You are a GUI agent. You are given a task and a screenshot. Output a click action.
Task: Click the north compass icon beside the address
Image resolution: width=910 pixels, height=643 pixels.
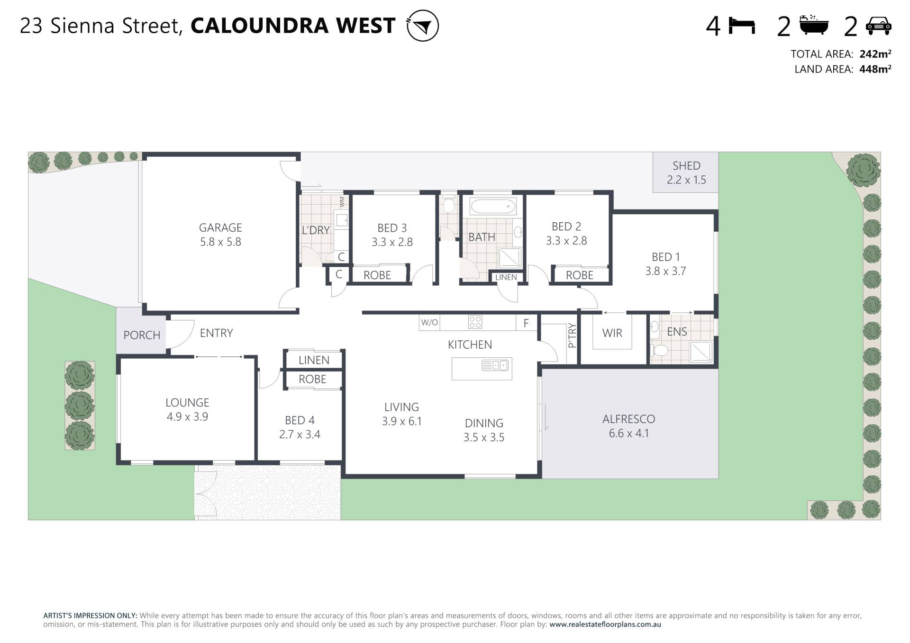point(422,26)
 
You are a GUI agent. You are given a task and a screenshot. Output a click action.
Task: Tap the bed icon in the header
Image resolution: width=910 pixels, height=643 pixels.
point(742,26)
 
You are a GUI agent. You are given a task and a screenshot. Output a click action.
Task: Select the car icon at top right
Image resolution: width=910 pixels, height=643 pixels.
point(878,26)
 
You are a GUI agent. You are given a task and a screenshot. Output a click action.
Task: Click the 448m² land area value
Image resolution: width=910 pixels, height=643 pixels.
point(875,69)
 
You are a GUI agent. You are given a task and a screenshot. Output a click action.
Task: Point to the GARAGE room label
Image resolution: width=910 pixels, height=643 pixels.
point(220,227)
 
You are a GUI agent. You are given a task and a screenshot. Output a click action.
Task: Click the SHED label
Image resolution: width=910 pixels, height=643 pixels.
point(686,166)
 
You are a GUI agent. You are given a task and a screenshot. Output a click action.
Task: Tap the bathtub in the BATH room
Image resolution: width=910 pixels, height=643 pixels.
point(492,207)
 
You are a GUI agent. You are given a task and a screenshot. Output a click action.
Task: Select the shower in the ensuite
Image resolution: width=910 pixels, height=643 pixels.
point(701,352)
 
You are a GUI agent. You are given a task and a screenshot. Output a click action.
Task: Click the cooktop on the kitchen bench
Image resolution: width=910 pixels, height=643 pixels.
point(475,322)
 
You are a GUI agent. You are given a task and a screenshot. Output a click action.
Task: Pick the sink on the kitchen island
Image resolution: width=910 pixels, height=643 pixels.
point(495,365)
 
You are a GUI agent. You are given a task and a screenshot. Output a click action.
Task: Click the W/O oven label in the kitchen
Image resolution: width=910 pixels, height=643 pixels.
point(429,323)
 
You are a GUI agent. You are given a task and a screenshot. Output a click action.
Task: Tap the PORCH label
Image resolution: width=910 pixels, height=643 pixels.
point(142,335)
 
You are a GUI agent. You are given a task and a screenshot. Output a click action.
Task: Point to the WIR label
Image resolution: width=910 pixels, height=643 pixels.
point(612,333)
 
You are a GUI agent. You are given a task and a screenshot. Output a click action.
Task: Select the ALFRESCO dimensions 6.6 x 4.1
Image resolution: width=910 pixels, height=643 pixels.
point(629,433)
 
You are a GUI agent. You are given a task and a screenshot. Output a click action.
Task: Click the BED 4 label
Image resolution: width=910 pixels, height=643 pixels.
point(300,420)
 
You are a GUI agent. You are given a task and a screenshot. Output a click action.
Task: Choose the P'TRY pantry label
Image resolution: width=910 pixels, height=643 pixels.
point(572,335)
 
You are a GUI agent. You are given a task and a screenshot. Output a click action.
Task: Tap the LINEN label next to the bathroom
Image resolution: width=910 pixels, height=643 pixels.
point(506,277)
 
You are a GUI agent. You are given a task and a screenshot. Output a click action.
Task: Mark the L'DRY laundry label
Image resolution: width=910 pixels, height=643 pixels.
point(316,230)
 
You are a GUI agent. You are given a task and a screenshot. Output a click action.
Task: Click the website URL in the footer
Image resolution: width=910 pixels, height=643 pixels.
point(605,625)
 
